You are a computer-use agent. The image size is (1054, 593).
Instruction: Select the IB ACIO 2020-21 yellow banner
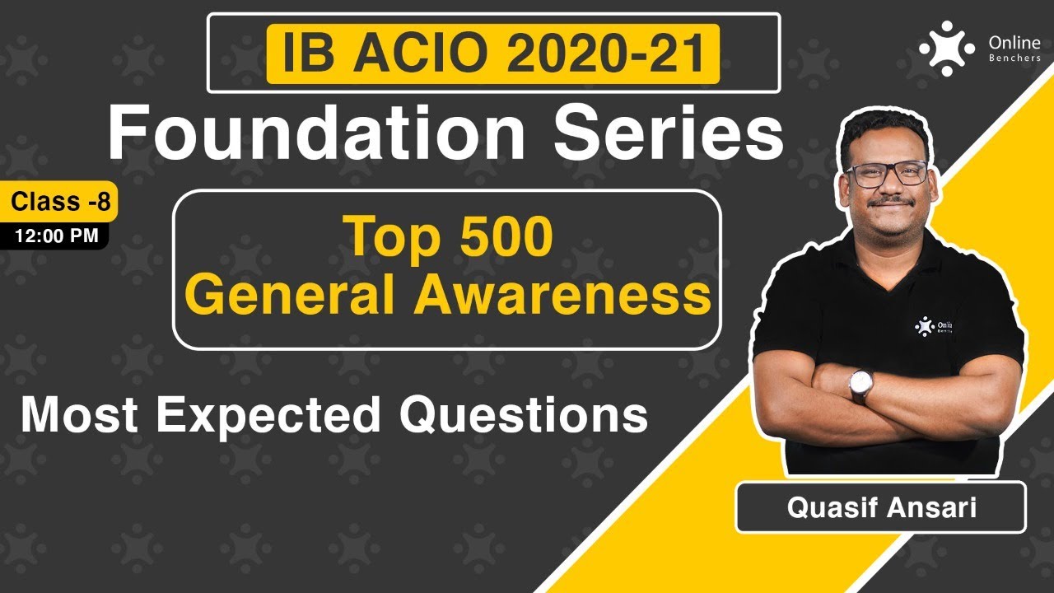(492, 54)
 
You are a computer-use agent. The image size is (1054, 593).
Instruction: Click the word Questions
(524, 414)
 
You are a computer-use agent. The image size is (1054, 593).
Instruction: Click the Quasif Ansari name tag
(880, 507)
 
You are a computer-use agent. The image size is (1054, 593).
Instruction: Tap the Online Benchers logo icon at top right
(946, 48)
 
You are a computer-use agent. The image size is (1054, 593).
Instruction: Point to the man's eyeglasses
(886, 174)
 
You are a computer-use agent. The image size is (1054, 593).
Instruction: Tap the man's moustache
(890, 201)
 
